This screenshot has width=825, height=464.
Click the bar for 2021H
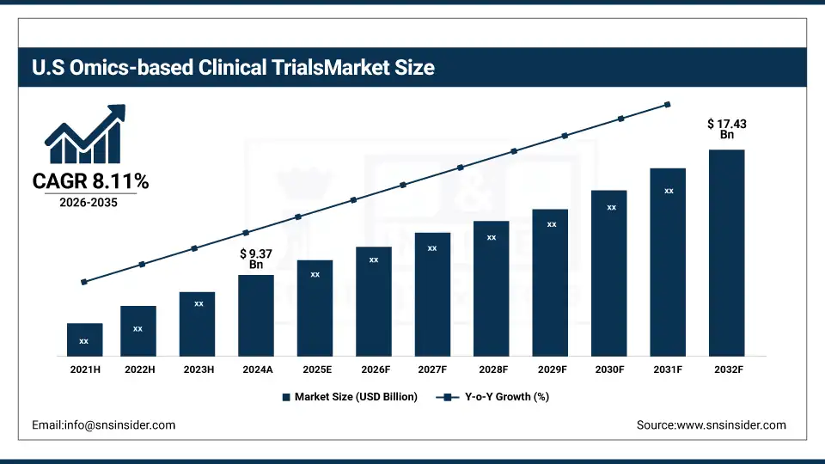[x=84, y=339]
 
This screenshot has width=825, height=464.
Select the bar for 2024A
[x=256, y=315]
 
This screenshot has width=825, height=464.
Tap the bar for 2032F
[x=726, y=253]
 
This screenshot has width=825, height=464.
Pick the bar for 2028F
[x=492, y=288]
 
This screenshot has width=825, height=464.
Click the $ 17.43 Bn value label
[x=726, y=130]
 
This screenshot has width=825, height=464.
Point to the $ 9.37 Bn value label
[x=256, y=259]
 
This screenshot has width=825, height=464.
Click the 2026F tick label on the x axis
[x=374, y=369]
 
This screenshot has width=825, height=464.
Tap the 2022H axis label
[x=139, y=369]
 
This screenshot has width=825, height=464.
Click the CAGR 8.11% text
[x=90, y=181]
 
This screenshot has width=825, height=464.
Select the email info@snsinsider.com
[x=103, y=425]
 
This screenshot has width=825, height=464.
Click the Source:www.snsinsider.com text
[x=711, y=425]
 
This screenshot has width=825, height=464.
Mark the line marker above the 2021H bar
[x=84, y=282]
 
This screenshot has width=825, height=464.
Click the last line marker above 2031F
[x=668, y=105]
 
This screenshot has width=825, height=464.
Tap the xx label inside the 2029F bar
[x=552, y=224]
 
